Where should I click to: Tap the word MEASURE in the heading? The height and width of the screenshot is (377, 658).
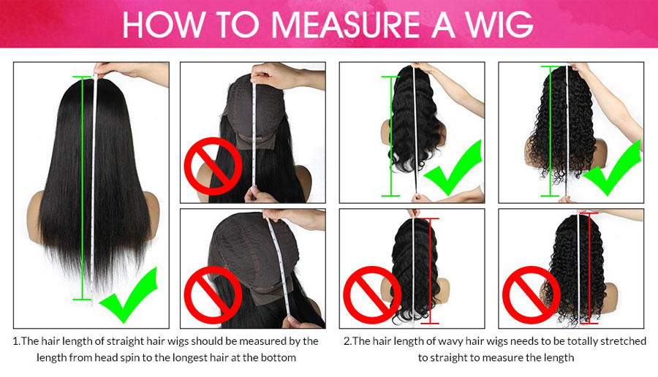click(345, 25)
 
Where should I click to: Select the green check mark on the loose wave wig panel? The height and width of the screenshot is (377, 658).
click(453, 168)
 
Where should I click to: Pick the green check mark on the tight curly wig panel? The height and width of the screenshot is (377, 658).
click(612, 168)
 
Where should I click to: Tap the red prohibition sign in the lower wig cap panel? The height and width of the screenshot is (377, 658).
click(213, 295)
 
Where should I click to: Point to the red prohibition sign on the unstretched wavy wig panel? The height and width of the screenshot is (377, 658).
click(372, 295)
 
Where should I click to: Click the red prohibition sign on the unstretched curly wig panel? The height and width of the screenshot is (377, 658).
click(532, 295)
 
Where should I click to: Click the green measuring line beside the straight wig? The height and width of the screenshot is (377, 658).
click(83, 188)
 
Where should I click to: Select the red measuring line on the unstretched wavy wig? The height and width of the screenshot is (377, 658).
click(429, 271)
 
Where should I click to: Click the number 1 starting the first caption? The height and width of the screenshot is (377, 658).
click(16, 341)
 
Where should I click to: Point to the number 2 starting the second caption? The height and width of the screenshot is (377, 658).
click(347, 341)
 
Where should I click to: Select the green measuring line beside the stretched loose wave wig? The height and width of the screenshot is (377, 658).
click(390, 137)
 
